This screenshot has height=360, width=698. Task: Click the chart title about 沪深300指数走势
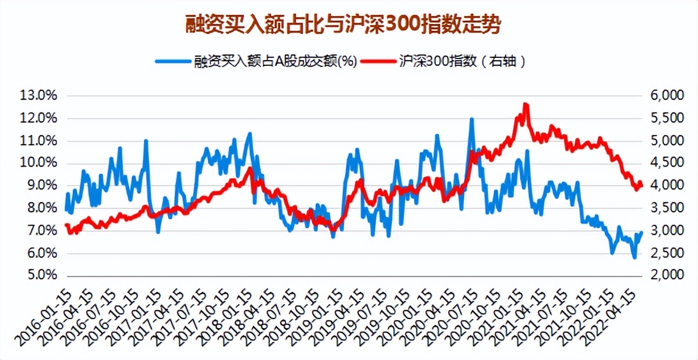click(x=344, y=26)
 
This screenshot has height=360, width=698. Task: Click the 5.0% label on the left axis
click(x=40, y=275)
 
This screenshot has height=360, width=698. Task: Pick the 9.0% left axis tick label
click(x=40, y=186)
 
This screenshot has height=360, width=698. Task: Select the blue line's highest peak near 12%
click(x=472, y=119)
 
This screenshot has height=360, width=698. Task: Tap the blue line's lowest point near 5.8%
click(x=634, y=258)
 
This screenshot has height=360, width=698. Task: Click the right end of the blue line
click(x=641, y=232)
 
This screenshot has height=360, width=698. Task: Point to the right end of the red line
click(x=641, y=184)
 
